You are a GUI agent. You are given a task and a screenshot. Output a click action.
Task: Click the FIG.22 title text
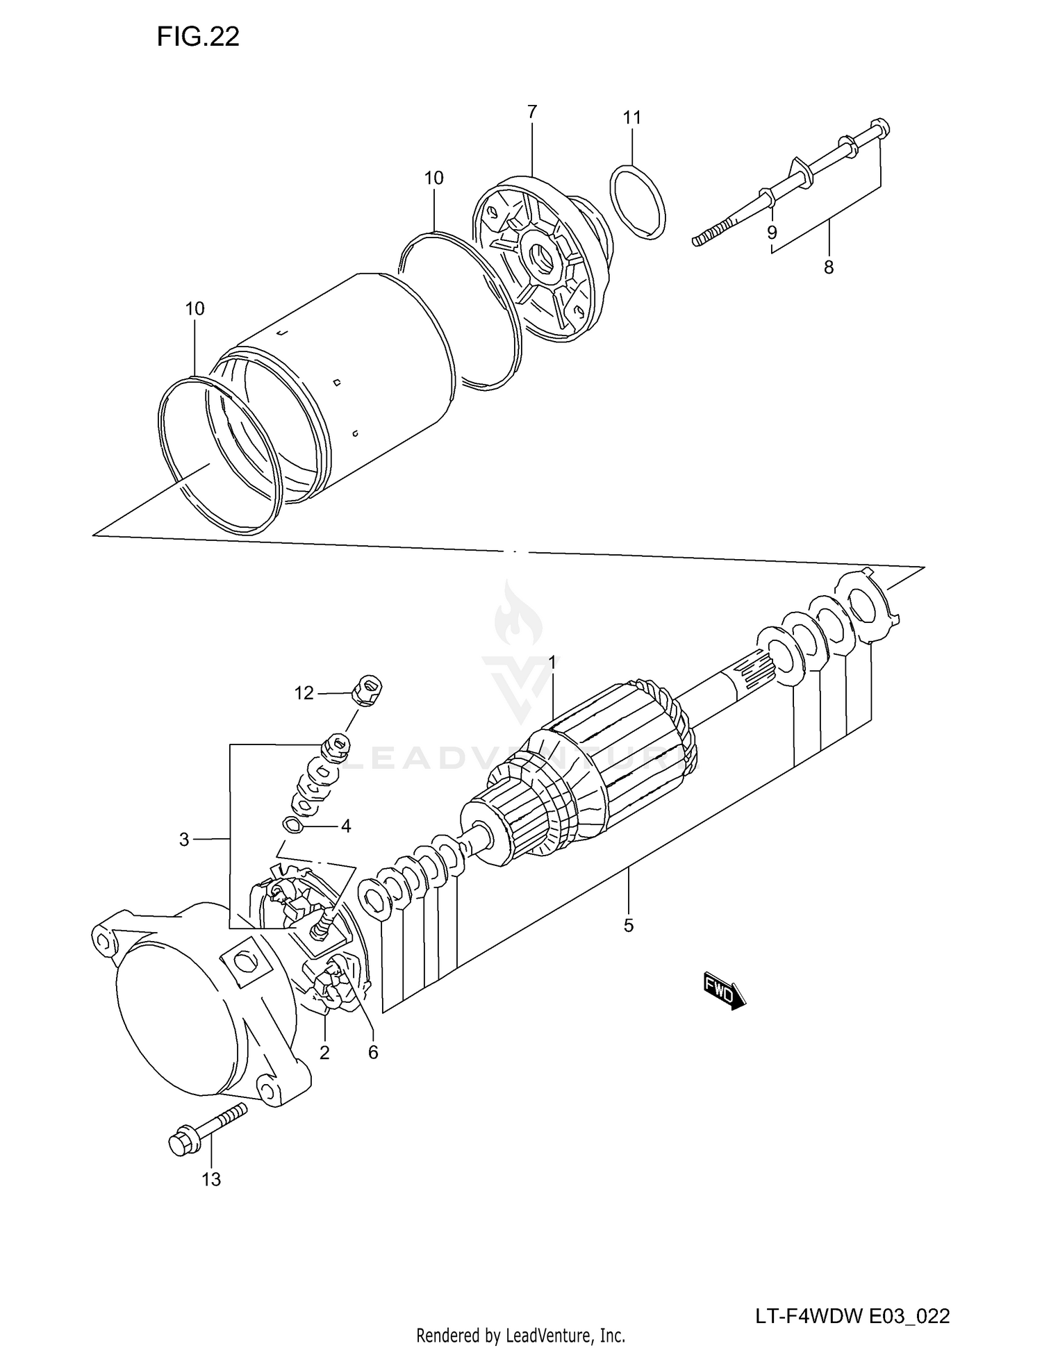(x=198, y=37)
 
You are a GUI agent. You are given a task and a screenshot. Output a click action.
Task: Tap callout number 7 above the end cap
(x=532, y=112)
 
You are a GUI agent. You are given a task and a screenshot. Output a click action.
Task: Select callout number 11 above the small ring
(x=631, y=118)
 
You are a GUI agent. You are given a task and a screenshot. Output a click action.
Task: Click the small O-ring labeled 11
(x=637, y=202)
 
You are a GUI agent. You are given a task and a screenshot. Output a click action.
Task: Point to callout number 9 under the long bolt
(x=772, y=232)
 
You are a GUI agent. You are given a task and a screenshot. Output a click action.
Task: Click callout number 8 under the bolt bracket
(x=828, y=267)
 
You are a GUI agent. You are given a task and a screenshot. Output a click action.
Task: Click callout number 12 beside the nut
(x=304, y=692)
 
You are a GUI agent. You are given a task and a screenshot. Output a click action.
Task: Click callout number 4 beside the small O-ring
(x=345, y=826)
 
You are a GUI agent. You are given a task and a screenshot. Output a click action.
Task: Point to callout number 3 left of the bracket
(x=184, y=840)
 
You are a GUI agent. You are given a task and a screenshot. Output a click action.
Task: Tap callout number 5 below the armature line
(x=628, y=925)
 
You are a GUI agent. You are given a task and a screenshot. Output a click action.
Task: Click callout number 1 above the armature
(x=552, y=663)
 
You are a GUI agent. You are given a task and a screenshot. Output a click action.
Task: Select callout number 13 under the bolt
(x=211, y=1179)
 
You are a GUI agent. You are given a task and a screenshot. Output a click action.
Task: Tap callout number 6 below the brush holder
(x=373, y=1053)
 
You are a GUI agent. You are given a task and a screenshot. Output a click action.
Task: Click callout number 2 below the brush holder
(x=324, y=1053)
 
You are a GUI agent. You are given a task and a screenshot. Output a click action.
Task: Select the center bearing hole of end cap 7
(x=544, y=260)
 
